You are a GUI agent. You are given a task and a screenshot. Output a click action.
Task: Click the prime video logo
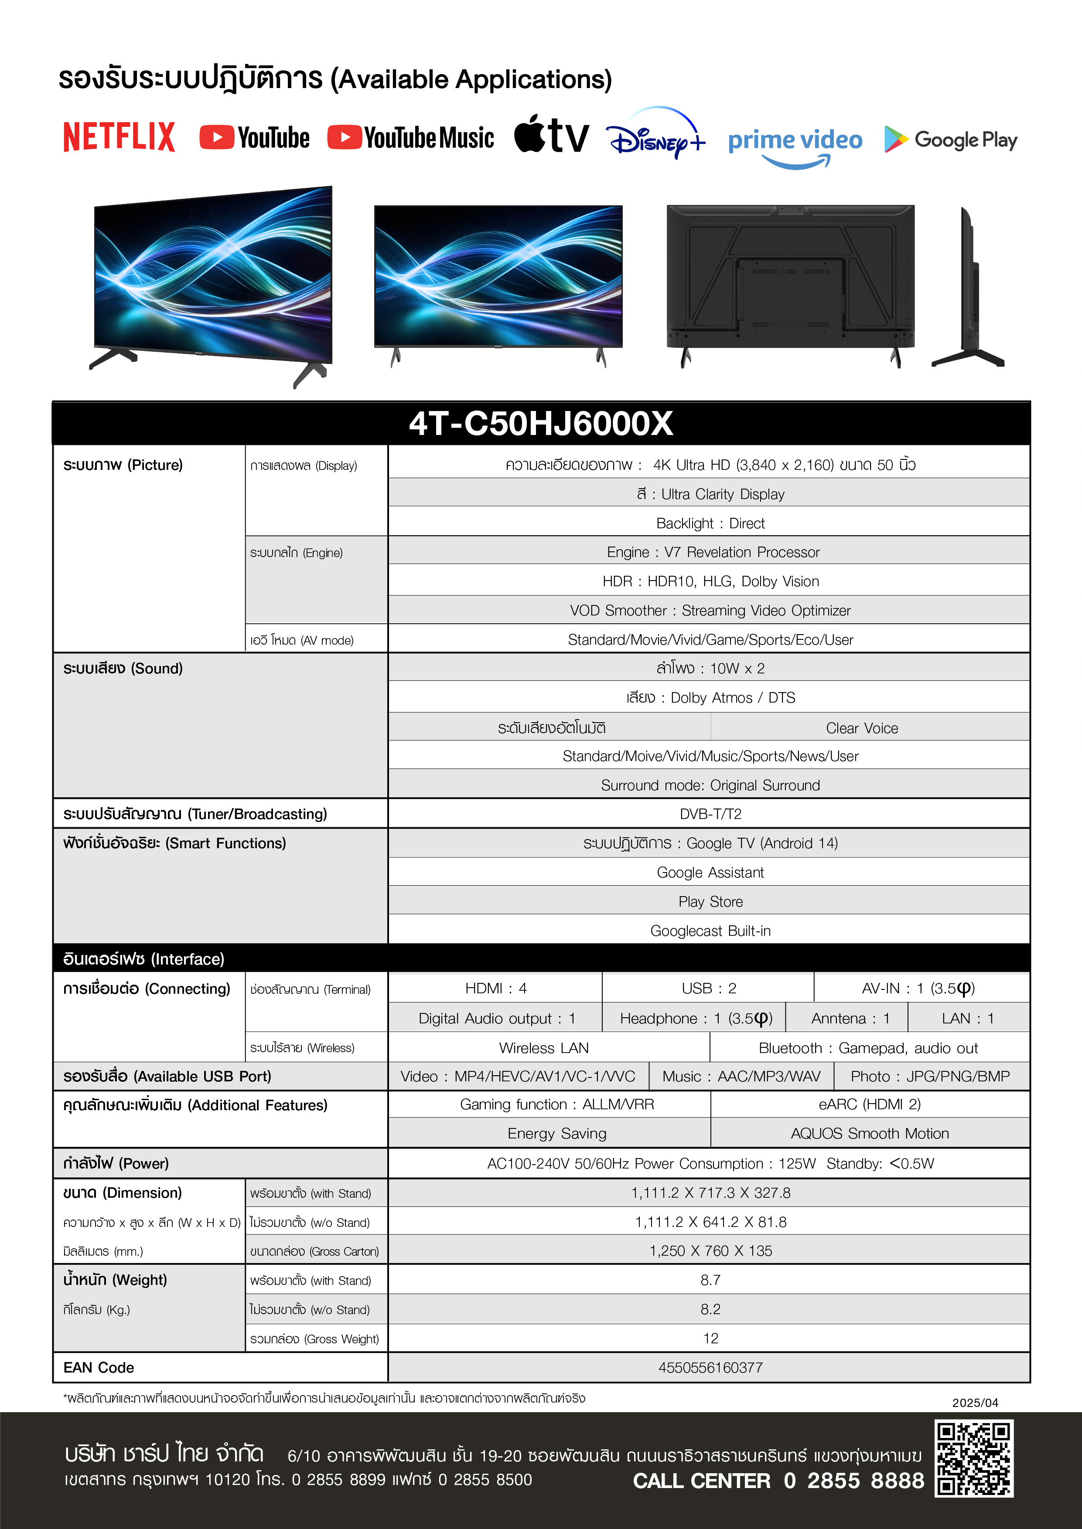point(795,143)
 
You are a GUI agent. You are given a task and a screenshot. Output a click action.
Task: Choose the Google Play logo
point(951,140)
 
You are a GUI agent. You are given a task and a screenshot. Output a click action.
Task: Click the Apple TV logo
point(552,135)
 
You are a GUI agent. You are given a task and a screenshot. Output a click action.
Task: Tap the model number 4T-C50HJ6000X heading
point(541,424)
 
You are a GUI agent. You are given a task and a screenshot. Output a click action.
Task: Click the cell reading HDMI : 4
point(496,988)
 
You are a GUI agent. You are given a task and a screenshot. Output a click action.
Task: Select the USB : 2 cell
point(709,988)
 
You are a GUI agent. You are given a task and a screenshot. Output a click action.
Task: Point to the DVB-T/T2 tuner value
point(710,814)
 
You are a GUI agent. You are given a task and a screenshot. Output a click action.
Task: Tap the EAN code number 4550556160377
point(710,1368)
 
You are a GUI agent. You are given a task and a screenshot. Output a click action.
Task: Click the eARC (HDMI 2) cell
point(870,1104)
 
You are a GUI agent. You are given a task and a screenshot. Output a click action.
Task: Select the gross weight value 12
point(710,1339)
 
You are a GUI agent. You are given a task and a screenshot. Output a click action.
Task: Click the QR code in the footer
point(973,1458)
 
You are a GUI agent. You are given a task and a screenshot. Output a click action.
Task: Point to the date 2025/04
point(975,1403)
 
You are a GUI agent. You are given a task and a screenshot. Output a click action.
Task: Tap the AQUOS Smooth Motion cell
point(870,1133)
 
